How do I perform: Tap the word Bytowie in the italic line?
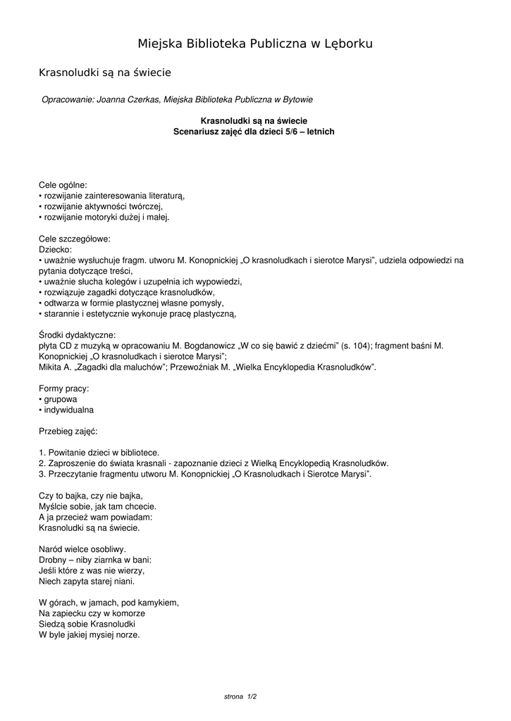click(x=297, y=100)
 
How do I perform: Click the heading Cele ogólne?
click(x=63, y=185)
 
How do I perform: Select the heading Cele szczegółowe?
click(x=74, y=239)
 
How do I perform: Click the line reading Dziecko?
click(x=55, y=249)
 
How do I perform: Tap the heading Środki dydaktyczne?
click(x=77, y=335)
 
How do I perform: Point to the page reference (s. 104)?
click(x=356, y=346)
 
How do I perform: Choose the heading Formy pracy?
click(x=63, y=388)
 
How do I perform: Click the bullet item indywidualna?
click(x=69, y=410)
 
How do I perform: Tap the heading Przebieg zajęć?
click(x=68, y=431)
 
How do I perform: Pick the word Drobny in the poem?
click(x=52, y=560)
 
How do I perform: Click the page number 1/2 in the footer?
click(x=251, y=696)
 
